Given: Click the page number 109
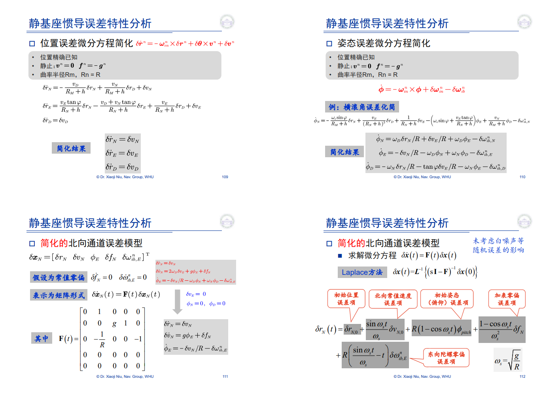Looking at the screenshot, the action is click(x=225, y=177).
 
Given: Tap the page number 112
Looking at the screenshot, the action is click(x=522, y=377).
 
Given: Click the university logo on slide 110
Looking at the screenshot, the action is click(x=524, y=22).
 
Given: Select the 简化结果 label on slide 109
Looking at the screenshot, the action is click(x=71, y=148).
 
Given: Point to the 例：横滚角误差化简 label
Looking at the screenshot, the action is click(x=362, y=107).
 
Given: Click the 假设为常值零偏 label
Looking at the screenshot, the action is click(x=59, y=277).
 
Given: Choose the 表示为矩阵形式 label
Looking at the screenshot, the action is click(x=59, y=295).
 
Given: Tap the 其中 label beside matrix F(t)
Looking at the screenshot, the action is click(x=42, y=339).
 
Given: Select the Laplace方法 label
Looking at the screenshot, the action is click(x=362, y=272).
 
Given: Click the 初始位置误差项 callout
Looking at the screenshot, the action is click(x=346, y=299).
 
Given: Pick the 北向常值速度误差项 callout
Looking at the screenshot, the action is click(x=393, y=299).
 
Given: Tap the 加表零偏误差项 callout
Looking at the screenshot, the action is click(x=507, y=299).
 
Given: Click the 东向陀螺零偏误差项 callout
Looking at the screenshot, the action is click(x=446, y=358).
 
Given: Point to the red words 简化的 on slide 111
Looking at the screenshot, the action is click(x=54, y=243).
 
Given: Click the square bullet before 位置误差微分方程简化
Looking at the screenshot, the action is click(x=32, y=44).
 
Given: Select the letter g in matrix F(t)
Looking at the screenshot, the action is click(x=114, y=323).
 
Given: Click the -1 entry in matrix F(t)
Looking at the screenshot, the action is click(x=138, y=339).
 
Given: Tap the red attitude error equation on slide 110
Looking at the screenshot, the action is click(x=422, y=89).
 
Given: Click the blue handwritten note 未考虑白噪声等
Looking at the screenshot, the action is click(x=498, y=241).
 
